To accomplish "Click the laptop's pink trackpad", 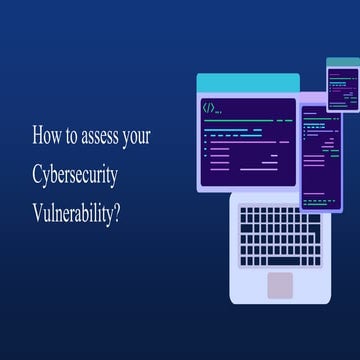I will [281, 284].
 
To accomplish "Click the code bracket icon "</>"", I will [209, 107].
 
